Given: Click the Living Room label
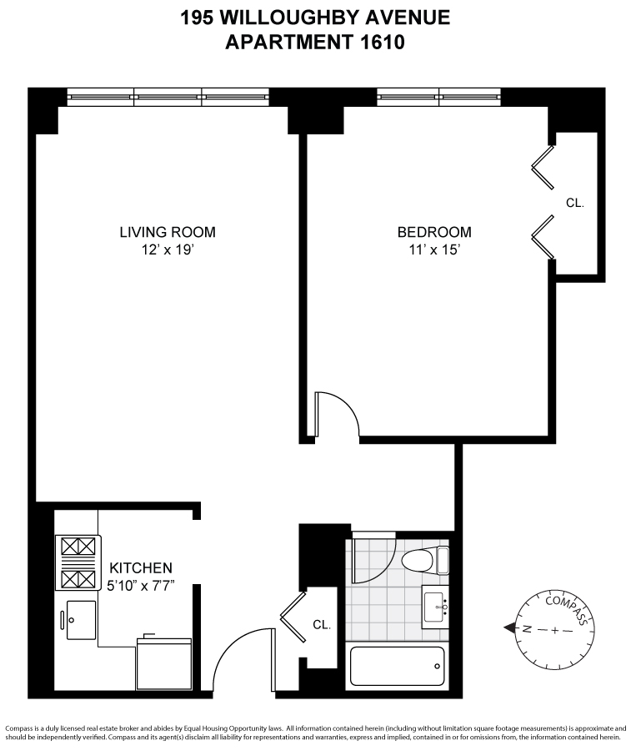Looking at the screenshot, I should click(168, 232).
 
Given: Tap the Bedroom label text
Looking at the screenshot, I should click(433, 232).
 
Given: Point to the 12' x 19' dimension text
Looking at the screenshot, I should click(168, 248).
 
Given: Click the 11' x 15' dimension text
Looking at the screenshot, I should click(433, 248).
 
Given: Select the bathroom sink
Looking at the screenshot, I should click(436, 605).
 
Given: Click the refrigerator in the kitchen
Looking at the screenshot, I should click(164, 663).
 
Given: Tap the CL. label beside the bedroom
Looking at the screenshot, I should click(575, 203).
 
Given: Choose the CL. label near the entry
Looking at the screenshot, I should click(322, 624).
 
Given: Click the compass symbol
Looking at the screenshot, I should click(553, 628).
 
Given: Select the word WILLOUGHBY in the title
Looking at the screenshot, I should click(308, 18).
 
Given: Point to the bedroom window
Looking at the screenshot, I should click(439, 97).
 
